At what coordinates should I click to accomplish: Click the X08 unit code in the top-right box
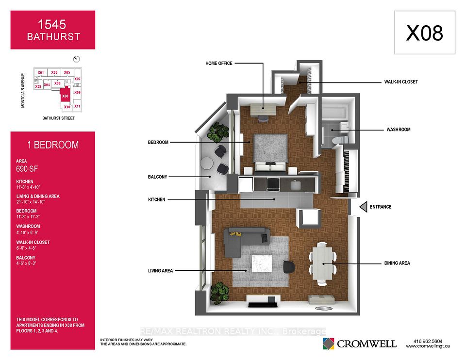pyautogui.click(x=424, y=33)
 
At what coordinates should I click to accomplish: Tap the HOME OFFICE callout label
pyautogui.click(x=219, y=63)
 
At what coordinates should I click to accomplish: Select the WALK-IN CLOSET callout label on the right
pyautogui.click(x=401, y=82)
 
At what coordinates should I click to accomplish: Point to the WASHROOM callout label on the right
pyautogui.click(x=398, y=130)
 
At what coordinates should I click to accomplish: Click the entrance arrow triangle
pyautogui.click(x=363, y=207)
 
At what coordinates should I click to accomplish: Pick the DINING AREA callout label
pyautogui.click(x=397, y=263)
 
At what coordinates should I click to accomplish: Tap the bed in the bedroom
pyautogui.click(x=270, y=153)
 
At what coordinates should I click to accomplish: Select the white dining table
pyautogui.click(x=322, y=263)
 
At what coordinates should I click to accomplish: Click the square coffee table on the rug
pyautogui.click(x=262, y=264)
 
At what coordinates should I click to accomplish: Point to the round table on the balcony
pyautogui.click(x=207, y=163)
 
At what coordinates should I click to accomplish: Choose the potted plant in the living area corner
pyautogui.click(x=219, y=293)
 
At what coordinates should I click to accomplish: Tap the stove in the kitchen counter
pyautogui.click(x=273, y=184)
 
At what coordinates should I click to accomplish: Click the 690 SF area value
pyautogui.click(x=27, y=169)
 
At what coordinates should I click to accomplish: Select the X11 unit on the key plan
pyautogui.click(x=77, y=106)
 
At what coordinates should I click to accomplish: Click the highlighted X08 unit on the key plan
pyautogui.click(x=65, y=96)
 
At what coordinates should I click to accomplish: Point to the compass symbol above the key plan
pyautogui.click(x=76, y=59)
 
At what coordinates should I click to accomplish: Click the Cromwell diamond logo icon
pyautogui.click(x=329, y=344)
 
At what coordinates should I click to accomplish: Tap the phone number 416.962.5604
pyautogui.click(x=428, y=341)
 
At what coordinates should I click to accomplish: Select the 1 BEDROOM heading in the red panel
pyautogui.click(x=53, y=145)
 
